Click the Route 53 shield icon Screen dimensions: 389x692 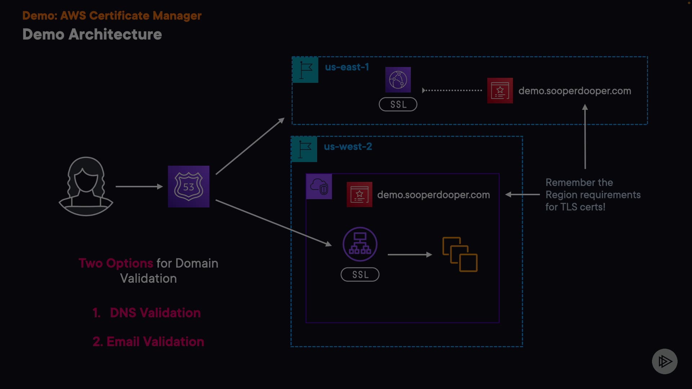pos(188,187)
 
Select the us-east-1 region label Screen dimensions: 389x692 pos(347,67)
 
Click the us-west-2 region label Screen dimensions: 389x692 pos(348,147)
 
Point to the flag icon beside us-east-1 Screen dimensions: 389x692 pos(305,70)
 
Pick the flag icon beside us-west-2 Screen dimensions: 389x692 pos(304,149)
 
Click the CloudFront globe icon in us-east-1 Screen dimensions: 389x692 pos(398,80)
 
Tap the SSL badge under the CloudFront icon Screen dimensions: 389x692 pos(398,104)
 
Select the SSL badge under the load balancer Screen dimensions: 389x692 pos(360,274)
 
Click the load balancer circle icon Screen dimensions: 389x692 pos(360,244)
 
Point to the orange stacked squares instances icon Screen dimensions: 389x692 pos(460,254)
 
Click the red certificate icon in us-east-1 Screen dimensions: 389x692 pos(500,91)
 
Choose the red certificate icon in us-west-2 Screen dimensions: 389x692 pos(359,194)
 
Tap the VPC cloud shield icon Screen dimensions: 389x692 pos(319,187)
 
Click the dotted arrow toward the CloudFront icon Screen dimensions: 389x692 pos(452,90)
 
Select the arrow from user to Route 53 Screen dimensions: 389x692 pos(139,187)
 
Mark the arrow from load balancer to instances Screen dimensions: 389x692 pos(410,255)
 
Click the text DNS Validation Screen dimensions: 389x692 pos(155,313)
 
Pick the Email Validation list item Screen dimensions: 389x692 pos(148,341)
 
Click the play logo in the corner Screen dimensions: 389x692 pos(665,361)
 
